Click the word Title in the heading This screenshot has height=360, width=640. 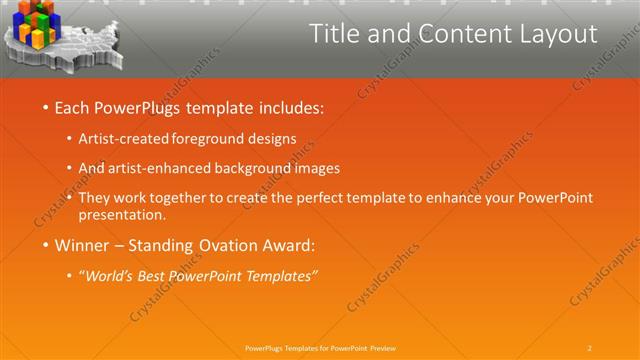click(x=333, y=34)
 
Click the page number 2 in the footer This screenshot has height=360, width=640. click(x=590, y=347)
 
